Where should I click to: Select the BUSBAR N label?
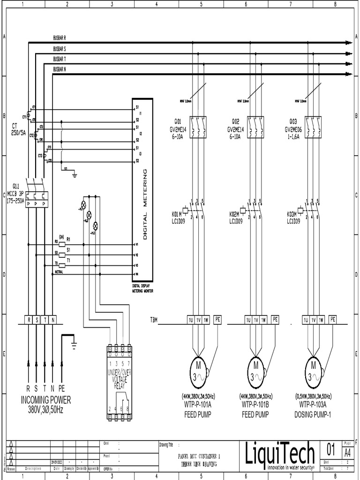tap(60, 69)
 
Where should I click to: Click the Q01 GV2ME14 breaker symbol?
tap(198, 127)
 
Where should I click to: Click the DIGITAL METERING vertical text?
tap(145, 204)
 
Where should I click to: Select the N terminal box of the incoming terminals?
tap(53, 320)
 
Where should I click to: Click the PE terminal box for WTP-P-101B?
tap(275, 320)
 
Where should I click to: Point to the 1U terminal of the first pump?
tap(191, 320)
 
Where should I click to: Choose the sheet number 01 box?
tap(331, 451)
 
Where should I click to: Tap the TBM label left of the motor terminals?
tap(154, 320)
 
